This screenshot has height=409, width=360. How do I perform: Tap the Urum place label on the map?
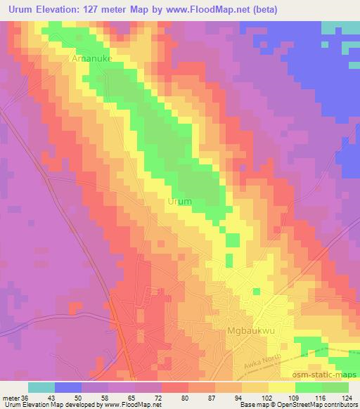click(x=179, y=202)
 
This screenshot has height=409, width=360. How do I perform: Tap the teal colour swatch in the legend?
click(x=41, y=387)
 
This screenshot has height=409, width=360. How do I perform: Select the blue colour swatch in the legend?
click(x=68, y=387)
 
